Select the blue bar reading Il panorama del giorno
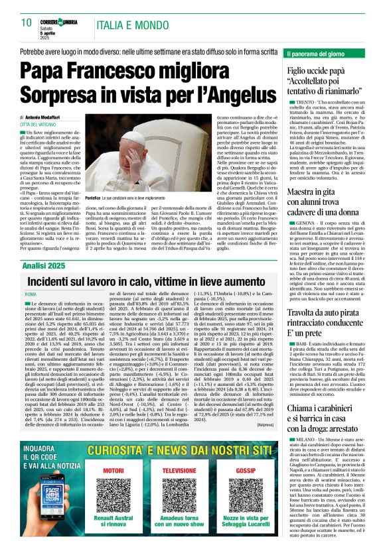[326, 52]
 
